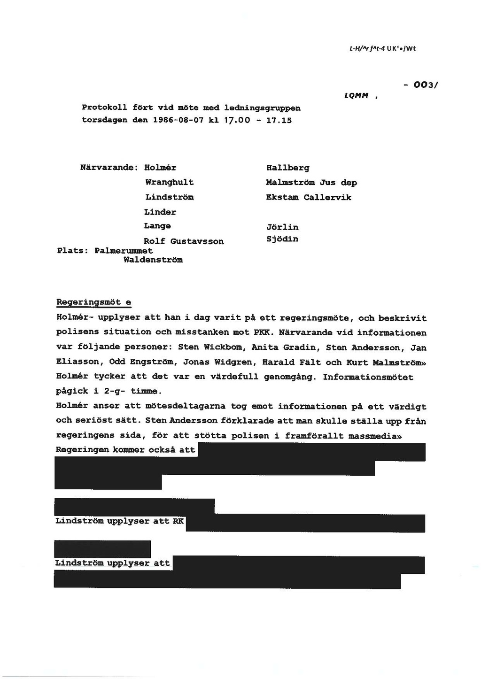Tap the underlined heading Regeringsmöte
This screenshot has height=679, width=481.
click(x=93, y=302)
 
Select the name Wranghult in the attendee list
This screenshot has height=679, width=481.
click(x=169, y=182)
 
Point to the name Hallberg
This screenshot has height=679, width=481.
click(x=287, y=168)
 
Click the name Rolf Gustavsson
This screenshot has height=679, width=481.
click(x=184, y=241)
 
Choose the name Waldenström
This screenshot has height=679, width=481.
click(x=153, y=260)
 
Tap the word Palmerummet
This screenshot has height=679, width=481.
click(x=124, y=251)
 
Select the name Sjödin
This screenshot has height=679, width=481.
click(x=282, y=239)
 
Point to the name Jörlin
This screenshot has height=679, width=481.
click(x=282, y=227)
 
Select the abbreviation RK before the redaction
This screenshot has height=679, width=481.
click(x=178, y=521)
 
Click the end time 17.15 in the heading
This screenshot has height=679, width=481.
click(x=279, y=120)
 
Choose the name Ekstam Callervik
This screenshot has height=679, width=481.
click(x=308, y=197)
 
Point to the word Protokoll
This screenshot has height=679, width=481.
click(x=105, y=108)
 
